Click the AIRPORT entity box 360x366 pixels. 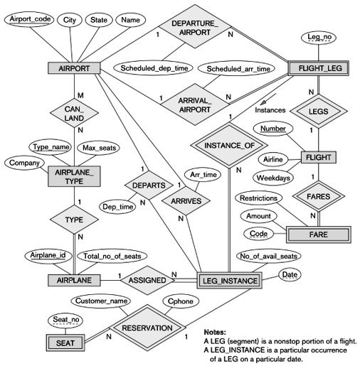click(72, 68)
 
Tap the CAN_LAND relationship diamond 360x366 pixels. click(72, 114)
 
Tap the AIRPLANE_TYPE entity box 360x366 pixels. click(72, 176)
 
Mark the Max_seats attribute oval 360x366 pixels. click(99, 148)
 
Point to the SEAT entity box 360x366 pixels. click(60, 343)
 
